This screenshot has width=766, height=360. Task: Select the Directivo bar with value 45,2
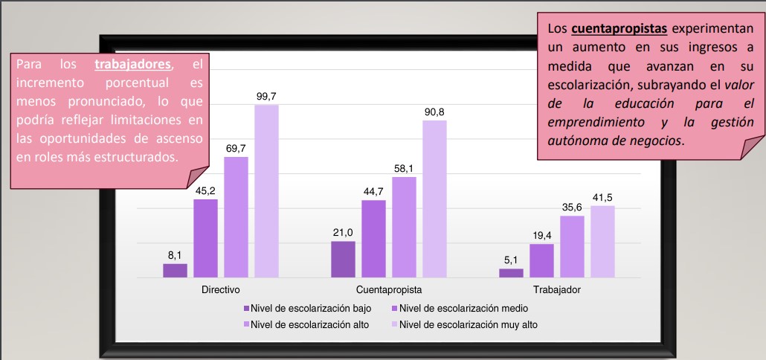(x=206, y=238)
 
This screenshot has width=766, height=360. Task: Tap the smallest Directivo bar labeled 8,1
(x=176, y=271)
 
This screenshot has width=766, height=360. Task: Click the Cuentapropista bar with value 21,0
(x=343, y=259)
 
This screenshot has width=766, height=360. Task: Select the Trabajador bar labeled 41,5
(x=602, y=242)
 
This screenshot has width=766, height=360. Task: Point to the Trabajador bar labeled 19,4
(x=541, y=260)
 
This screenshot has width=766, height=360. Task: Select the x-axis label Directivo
(x=220, y=289)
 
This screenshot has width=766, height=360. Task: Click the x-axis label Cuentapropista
(x=388, y=289)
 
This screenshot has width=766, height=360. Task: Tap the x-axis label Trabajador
(x=556, y=289)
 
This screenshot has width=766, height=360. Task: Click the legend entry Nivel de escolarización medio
(x=461, y=308)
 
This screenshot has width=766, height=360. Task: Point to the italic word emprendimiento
(x=592, y=122)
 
